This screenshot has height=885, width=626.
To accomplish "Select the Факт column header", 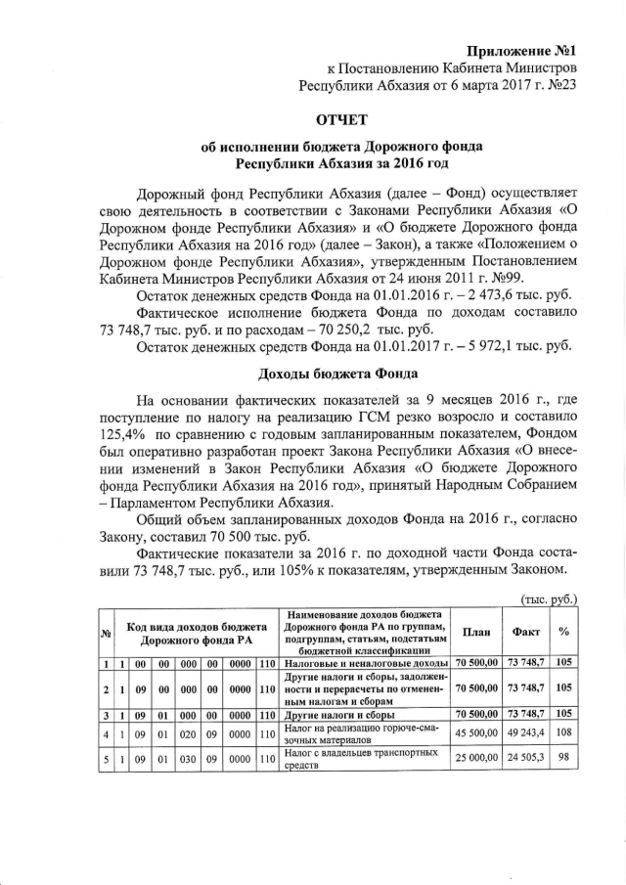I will [x=526, y=632].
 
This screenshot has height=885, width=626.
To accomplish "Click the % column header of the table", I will [x=564, y=632].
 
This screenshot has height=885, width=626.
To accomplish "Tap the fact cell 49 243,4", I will [x=526, y=730].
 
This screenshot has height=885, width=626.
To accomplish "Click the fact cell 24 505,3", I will [x=526, y=759].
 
